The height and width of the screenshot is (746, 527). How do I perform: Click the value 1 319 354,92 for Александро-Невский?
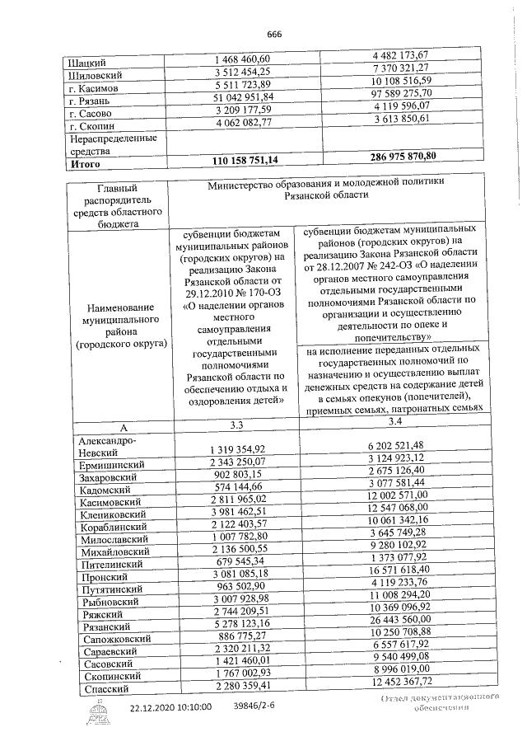(x=236, y=448)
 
